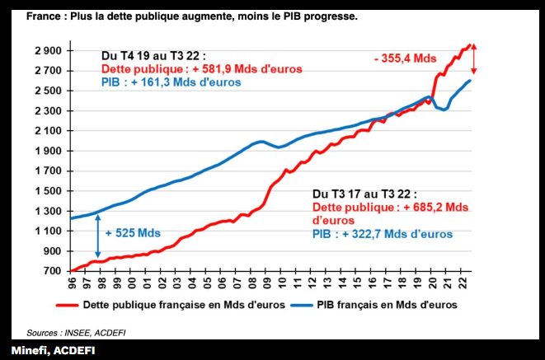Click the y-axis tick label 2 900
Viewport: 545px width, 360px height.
47,51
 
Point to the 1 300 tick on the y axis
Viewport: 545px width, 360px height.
47,211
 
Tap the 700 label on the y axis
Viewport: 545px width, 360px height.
52,271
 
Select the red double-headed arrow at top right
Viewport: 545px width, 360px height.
474,58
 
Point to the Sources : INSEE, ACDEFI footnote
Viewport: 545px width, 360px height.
76,333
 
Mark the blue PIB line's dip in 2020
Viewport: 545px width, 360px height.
444,110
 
